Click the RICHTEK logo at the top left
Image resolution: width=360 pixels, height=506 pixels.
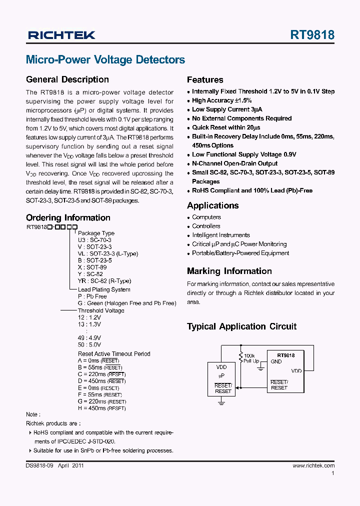61,35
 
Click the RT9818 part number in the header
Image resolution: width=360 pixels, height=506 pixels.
312,35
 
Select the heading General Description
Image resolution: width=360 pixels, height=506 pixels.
67,79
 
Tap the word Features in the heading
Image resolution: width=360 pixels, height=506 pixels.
205,79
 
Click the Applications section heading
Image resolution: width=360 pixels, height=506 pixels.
212,205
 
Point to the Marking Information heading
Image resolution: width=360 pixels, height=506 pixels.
229,271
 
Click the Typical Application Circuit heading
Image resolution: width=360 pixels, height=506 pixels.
241,326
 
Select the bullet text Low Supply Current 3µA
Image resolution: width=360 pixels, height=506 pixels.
227,109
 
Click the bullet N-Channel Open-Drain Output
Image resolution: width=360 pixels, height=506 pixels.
234,163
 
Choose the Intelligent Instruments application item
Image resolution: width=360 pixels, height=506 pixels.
221,235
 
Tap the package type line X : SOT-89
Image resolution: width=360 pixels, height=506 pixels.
92,267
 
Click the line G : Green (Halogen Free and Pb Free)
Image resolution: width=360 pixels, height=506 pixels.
127,303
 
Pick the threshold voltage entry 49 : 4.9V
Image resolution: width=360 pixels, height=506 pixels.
89,338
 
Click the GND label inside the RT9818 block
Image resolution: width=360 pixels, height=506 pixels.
276,361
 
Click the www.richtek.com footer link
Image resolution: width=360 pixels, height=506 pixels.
313,465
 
